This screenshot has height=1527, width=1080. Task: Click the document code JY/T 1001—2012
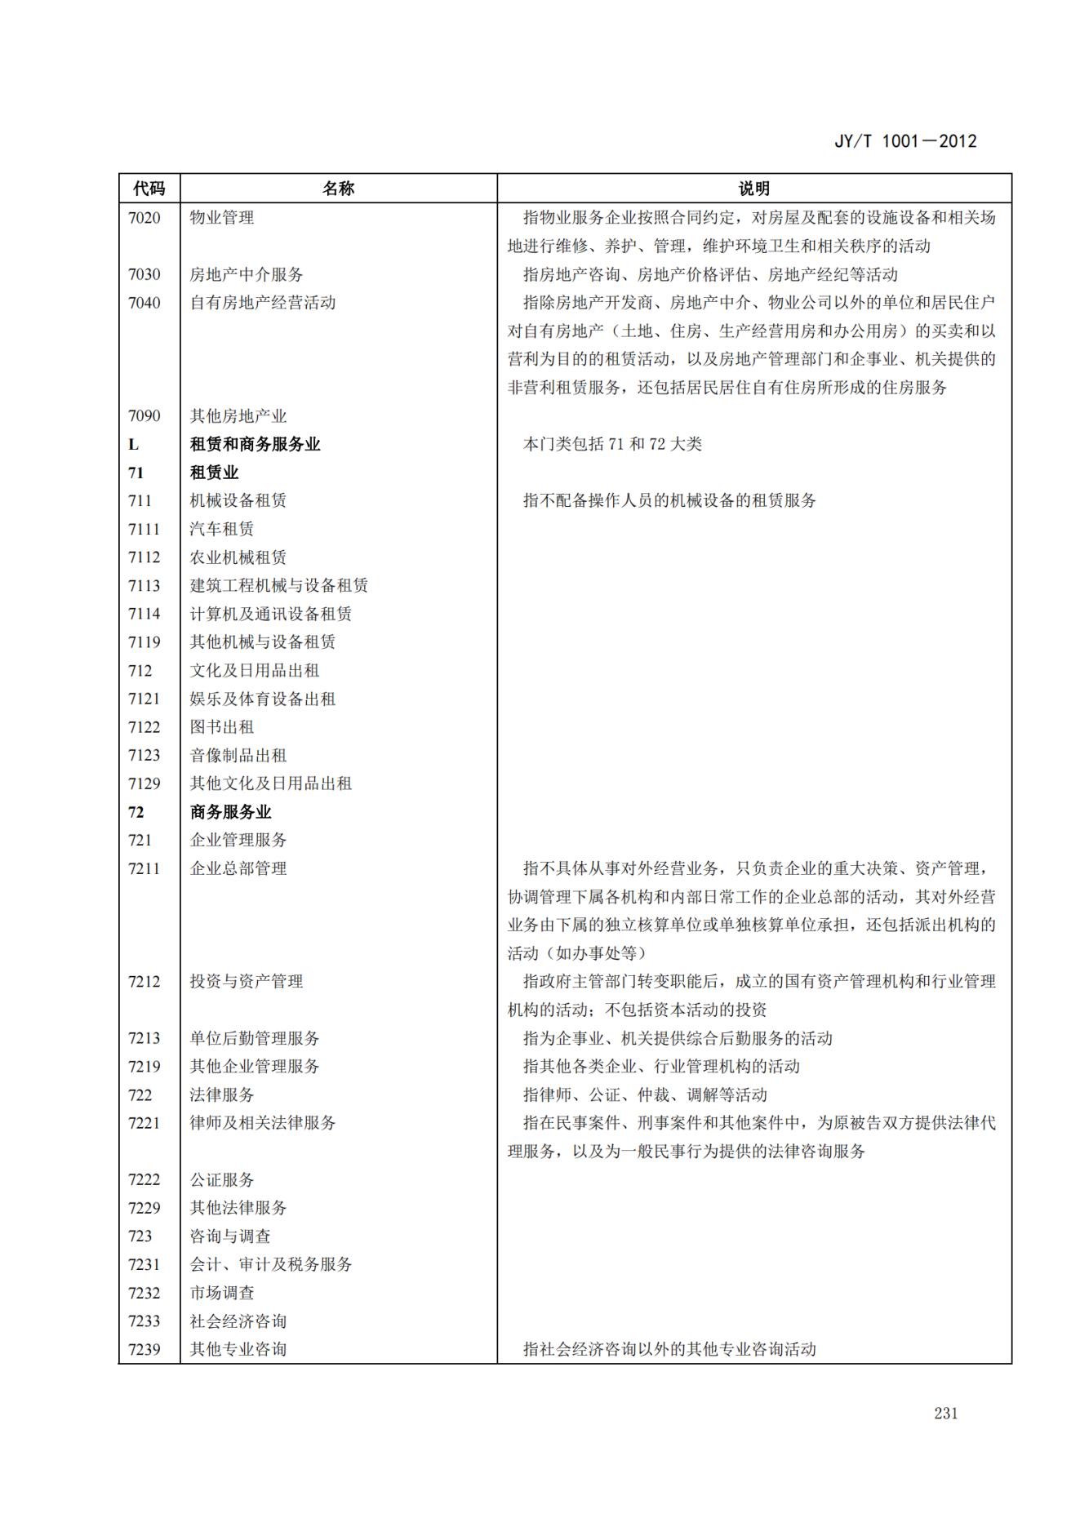pyautogui.click(x=904, y=140)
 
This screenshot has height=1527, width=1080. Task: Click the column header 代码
pyautogui.click(x=149, y=189)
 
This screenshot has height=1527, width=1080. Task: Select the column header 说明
pyautogui.click(x=753, y=189)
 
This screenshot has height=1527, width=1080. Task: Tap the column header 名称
pyautogui.click(x=338, y=189)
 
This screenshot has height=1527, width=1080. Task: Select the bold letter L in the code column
pyautogui.click(x=134, y=445)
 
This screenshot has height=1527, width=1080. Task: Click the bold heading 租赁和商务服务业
pyautogui.click(x=255, y=445)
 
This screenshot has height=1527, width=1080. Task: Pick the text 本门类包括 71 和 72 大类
pyautogui.click(x=612, y=445)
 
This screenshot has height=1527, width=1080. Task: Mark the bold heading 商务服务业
pyautogui.click(x=230, y=812)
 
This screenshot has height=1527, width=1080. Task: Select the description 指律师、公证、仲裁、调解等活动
pyautogui.click(x=645, y=1095)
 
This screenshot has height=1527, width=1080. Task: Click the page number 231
pyautogui.click(x=945, y=1414)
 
